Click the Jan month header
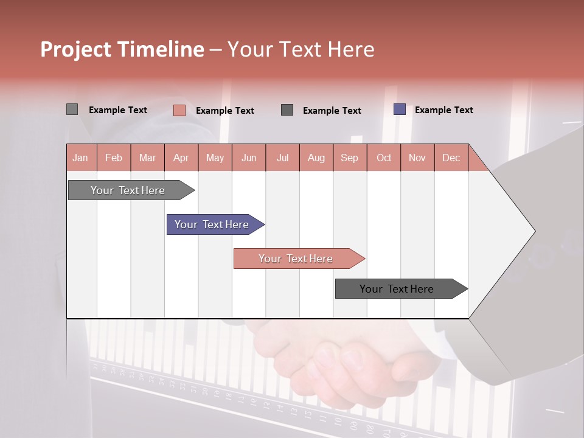(81, 158)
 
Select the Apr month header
(181, 158)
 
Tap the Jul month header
(282, 158)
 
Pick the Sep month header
(350, 158)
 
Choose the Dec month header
(451, 158)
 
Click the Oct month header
(384, 158)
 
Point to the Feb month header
(114, 158)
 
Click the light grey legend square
(72, 109)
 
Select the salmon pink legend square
(179, 110)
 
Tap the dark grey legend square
(287, 109)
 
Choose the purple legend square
(400, 109)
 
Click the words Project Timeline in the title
(122, 49)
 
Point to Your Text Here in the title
(301, 49)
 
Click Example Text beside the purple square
(443, 110)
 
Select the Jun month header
(249, 158)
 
